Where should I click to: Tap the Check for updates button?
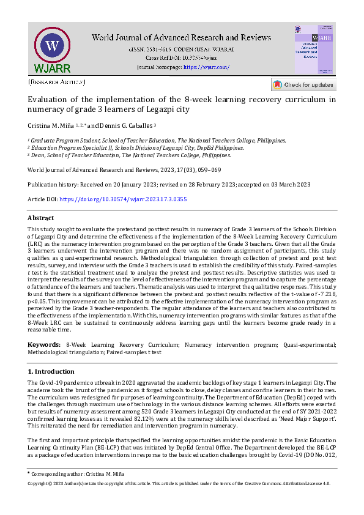pyautogui.click(x=303, y=85)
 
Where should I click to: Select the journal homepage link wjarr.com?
pyautogui.click(x=206, y=66)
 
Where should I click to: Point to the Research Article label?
pyautogui.click(x=57, y=81)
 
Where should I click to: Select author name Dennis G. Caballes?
pyautogui.click(x=132, y=125)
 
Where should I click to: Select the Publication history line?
pyautogui.click(x=169, y=184)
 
